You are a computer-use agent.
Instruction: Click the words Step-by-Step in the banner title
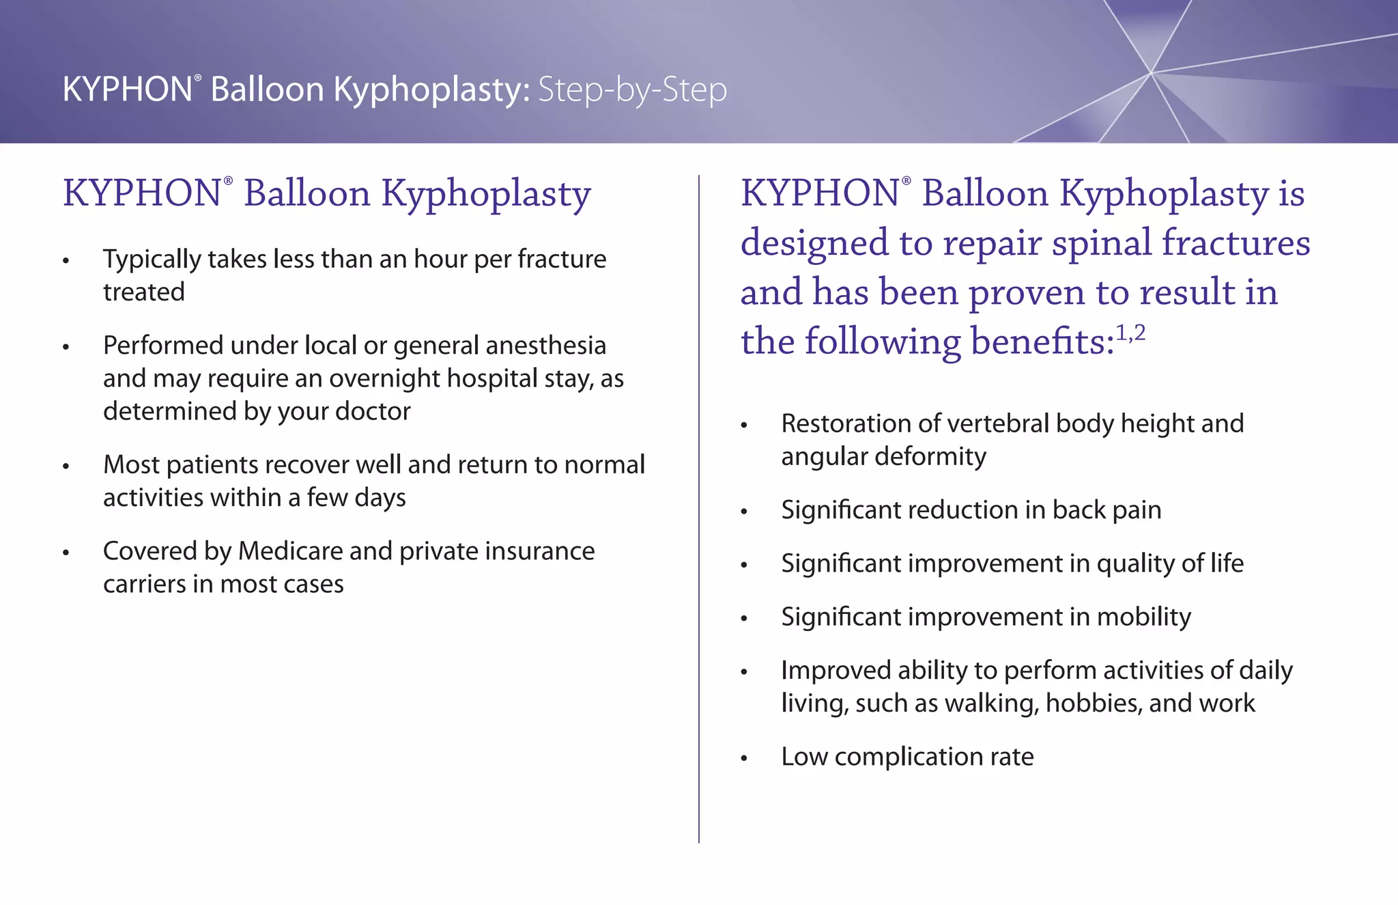[632, 90]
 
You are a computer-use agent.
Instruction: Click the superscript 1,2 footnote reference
[1130, 334]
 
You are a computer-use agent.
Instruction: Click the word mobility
[1143, 617]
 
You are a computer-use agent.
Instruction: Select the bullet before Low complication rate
[745, 758]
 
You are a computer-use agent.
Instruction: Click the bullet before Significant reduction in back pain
[745, 512]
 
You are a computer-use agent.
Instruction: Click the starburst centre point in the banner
[1151, 72]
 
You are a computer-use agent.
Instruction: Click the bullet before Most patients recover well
[66, 467]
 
